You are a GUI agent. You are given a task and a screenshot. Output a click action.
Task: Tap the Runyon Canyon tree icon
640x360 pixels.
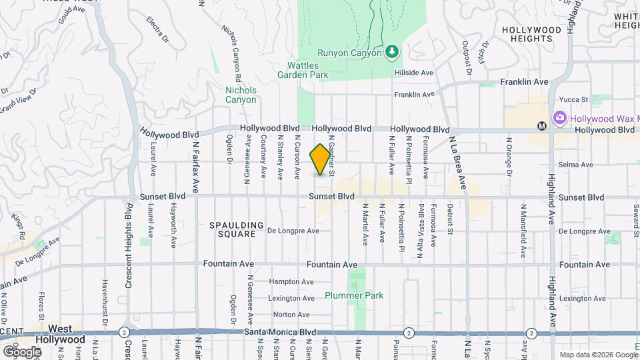393,51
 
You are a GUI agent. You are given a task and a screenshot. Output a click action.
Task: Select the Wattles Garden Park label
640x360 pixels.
307,70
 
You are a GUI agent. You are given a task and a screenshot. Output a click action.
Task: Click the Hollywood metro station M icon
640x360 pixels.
542,125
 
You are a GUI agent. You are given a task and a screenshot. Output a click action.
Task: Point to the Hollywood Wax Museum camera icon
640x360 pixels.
559,118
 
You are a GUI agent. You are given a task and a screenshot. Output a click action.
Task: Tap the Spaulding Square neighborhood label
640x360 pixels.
237,230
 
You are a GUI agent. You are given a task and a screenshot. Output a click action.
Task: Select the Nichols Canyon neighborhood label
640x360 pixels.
241,95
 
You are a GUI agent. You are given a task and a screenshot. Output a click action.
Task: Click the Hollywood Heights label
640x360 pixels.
531,35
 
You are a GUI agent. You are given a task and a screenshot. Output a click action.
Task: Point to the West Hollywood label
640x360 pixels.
61,334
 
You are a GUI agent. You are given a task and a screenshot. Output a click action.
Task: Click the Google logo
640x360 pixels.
21,351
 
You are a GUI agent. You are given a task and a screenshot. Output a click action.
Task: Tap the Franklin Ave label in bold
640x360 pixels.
524,82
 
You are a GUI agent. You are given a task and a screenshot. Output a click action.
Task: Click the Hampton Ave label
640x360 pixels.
291,282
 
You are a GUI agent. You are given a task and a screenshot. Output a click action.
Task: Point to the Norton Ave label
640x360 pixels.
291,315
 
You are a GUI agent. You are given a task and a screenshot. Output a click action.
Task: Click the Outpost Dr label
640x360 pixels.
467,59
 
